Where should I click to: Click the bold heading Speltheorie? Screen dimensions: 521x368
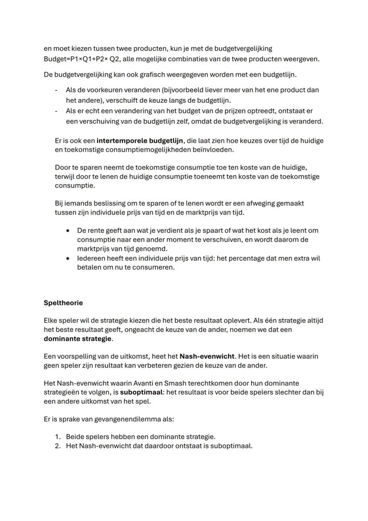[63, 303]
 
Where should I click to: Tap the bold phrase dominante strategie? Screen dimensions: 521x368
[78, 339]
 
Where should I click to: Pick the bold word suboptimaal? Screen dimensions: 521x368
[139, 392]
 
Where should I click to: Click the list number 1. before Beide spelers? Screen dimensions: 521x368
[58, 437]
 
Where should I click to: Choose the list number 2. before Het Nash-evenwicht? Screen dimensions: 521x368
[58, 446]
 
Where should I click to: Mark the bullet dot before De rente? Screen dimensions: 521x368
[68, 230]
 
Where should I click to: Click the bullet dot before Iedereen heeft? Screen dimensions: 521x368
[68, 258]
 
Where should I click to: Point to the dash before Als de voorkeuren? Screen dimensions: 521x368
[56, 90]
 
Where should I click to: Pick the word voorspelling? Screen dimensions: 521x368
[76, 356]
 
